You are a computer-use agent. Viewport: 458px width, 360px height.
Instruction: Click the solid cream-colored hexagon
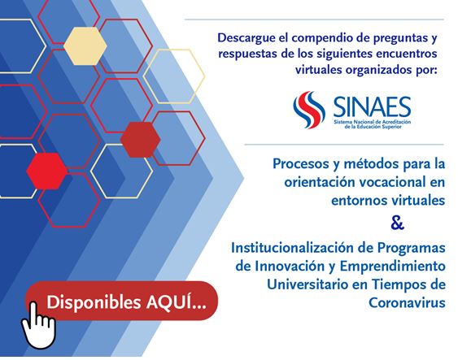click(85, 46)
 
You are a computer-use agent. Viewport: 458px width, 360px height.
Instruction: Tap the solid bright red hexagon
click(47, 171)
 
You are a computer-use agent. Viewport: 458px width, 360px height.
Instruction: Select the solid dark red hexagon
click(140, 140)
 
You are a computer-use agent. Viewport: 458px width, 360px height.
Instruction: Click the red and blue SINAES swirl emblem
click(309, 110)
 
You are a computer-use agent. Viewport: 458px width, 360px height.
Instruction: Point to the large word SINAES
click(372, 107)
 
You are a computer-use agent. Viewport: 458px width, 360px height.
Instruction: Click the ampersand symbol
click(397, 223)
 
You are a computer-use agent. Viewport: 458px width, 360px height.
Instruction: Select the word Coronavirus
click(407, 302)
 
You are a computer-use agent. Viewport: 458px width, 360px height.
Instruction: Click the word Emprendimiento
click(393, 267)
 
